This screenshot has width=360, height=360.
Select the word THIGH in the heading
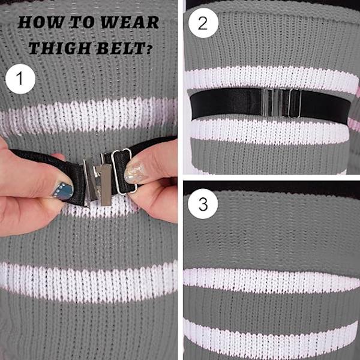click(x=61, y=48)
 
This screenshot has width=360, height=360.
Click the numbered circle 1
click(x=20, y=79)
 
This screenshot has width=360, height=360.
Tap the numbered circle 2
click(x=203, y=23)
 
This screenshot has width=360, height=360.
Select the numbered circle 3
click(x=203, y=203)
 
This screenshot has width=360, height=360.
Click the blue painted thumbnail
click(x=64, y=191)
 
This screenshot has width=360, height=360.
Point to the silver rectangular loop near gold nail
click(x=124, y=171)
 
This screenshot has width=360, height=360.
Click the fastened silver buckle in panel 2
click(x=281, y=103)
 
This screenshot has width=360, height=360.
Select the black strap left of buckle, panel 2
click(x=226, y=103)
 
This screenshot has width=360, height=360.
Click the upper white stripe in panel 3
click(x=272, y=281)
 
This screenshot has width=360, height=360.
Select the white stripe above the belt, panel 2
click(x=271, y=78)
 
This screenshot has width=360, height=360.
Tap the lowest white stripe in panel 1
click(x=88, y=281)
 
